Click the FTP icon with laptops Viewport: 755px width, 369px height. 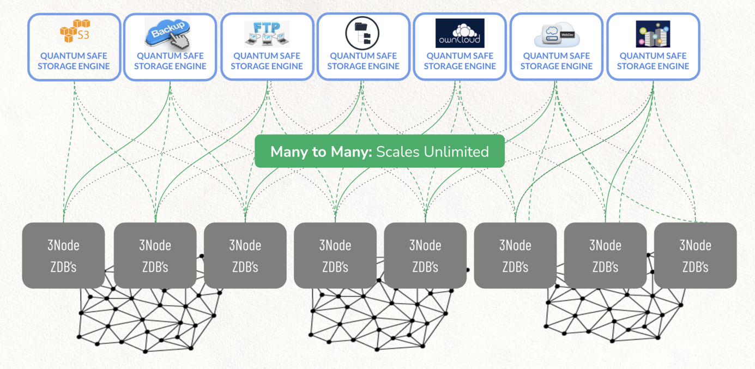click(x=267, y=33)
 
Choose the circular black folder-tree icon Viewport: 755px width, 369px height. click(x=362, y=33)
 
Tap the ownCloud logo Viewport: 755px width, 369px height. click(x=460, y=33)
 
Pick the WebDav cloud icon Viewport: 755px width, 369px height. click(x=557, y=34)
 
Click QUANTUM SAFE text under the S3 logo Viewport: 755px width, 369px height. click(x=74, y=56)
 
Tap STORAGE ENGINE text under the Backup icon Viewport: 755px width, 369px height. click(x=170, y=66)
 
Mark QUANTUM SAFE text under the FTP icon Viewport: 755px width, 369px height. click(x=267, y=56)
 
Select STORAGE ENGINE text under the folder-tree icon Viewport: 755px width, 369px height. click(x=363, y=66)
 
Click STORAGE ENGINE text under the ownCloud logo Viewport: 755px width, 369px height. click(x=460, y=66)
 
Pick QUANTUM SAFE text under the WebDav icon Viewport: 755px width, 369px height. click(x=556, y=56)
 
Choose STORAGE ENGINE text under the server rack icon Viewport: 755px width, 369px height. click(x=653, y=66)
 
